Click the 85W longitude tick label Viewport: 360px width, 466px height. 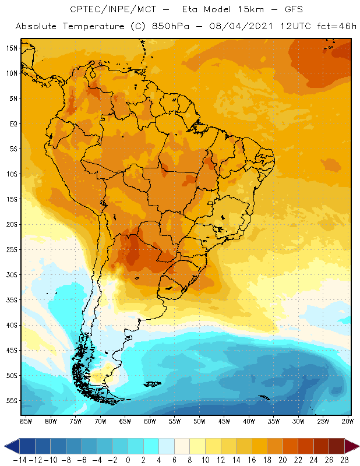[x=26, y=421]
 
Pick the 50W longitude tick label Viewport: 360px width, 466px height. [x=200, y=421]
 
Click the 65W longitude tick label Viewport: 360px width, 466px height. [x=125, y=421]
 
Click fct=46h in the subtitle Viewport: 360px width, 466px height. [x=333, y=27]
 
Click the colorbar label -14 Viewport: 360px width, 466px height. [x=19, y=460]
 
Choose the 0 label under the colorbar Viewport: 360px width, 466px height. [x=128, y=460]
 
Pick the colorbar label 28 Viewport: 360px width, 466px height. [x=345, y=460]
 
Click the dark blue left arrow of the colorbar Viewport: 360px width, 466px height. [x=11, y=446]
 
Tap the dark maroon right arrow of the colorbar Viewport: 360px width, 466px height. [x=352, y=446]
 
